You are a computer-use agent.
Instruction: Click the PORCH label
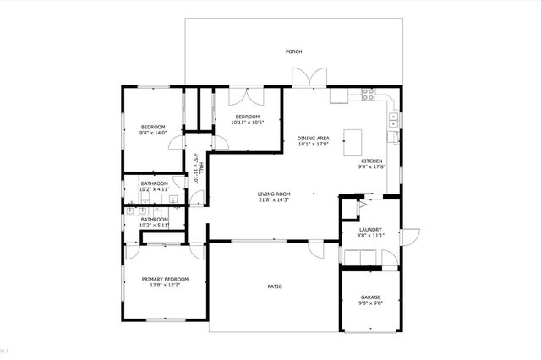293,52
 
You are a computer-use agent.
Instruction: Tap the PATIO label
275,286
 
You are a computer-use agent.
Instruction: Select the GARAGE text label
370,297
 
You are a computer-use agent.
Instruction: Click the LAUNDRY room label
370,229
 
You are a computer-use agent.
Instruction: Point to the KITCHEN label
372,161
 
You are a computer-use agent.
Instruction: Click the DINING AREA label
313,138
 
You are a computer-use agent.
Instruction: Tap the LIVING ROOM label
274,194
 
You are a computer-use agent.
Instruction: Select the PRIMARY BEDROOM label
165,279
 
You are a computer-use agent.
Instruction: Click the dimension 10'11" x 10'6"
247,123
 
